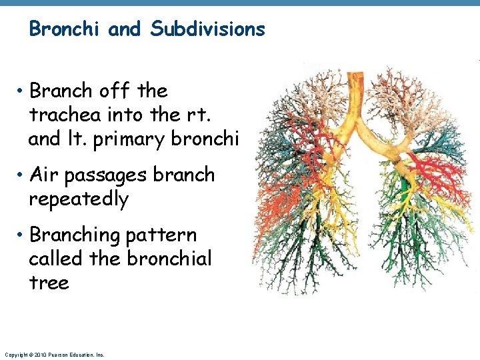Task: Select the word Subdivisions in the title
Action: (x=208, y=29)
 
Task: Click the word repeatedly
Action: (x=79, y=199)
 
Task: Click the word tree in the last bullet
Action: (x=49, y=283)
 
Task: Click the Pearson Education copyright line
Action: (x=54, y=355)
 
